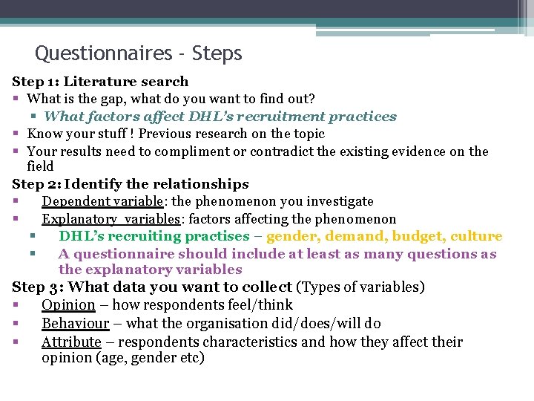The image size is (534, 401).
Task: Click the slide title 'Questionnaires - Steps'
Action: click(x=139, y=53)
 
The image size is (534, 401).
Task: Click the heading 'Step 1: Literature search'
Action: click(x=100, y=82)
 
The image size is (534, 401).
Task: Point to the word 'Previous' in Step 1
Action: click(x=165, y=134)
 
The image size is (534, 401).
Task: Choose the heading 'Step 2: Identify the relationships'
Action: click(x=131, y=184)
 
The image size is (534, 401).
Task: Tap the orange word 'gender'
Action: click(x=292, y=236)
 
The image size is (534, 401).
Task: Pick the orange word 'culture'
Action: click(x=476, y=236)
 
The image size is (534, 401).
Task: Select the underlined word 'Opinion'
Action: click(x=68, y=305)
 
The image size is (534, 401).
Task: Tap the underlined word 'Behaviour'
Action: click(x=75, y=324)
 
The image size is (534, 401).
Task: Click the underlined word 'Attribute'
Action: click(x=71, y=342)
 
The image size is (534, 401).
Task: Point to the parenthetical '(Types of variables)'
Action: click(x=360, y=287)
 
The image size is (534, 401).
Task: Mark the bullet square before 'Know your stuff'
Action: click(x=16, y=134)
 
